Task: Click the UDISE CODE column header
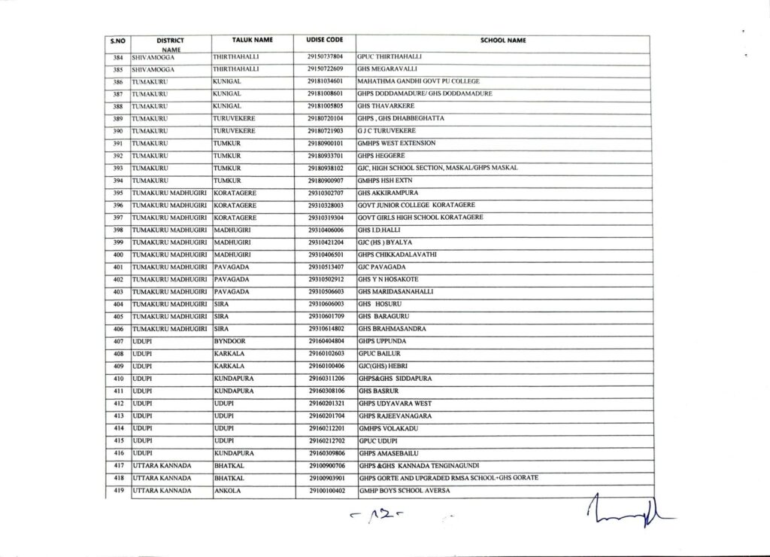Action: pyautogui.click(x=325, y=39)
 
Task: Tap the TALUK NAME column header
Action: pyautogui.click(x=253, y=39)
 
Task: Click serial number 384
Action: pyautogui.click(x=117, y=56)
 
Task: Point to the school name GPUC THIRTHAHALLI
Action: pyautogui.click(x=391, y=56)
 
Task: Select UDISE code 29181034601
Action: pyautogui.click(x=325, y=81)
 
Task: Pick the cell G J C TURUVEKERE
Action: pyautogui.click(x=387, y=131)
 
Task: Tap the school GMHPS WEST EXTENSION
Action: pyautogui.click(x=397, y=143)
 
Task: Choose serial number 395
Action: pyautogui.click(x=117, y=193)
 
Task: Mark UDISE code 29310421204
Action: pyautogui.click(x=325, y=242)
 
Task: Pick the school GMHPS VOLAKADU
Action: pyautogui.click(x=388, y=428)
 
